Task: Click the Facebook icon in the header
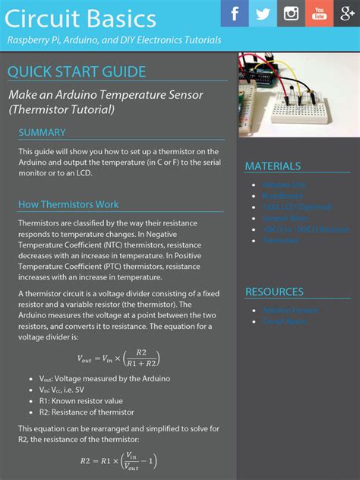tap(235, 14)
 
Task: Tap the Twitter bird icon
tap(263, 14)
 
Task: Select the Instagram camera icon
tap(291, 14)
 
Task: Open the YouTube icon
tap(319, 14)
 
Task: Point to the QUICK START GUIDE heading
tap(77, 72)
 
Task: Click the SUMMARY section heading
tap(42, 133)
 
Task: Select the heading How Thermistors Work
tap(68, 204)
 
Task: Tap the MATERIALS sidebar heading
tap(273, 166)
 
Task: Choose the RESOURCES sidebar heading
tap(274, 292)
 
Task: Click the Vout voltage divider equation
tap(118, 358)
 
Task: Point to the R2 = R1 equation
tap(118, 460)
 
